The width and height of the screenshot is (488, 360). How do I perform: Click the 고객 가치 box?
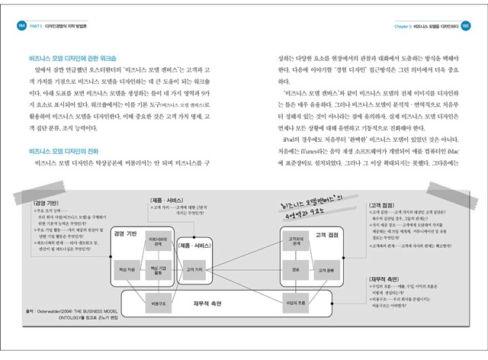point(194,269)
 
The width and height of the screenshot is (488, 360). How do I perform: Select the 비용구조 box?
point(158,304)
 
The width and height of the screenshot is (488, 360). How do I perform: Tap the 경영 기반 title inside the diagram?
point(124,231)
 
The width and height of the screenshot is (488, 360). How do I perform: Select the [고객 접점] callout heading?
point(383,204)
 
